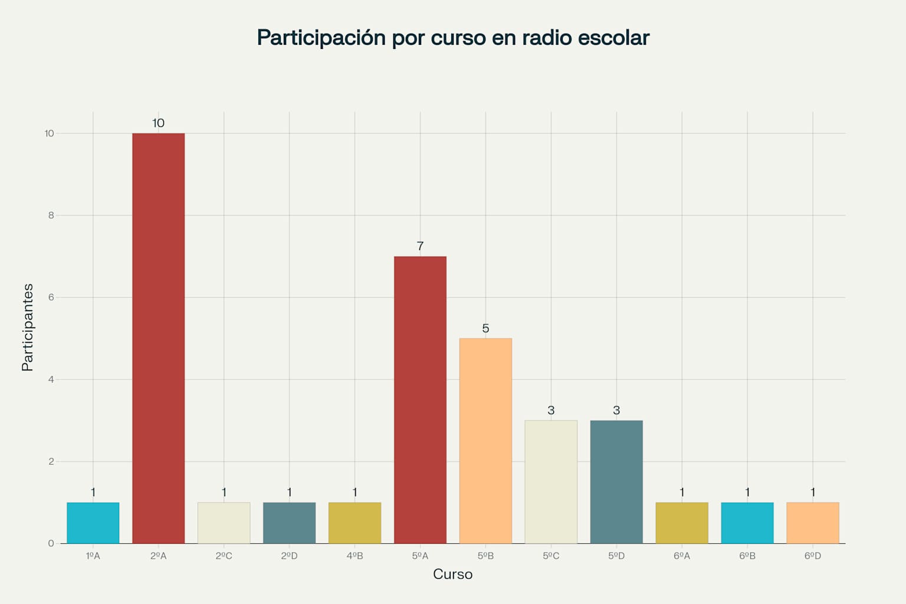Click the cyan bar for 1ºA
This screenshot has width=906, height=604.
click(x=93, y=523)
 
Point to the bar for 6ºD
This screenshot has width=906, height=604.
click(x=813, y=523)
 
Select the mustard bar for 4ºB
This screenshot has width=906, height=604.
click(x=354, y=523)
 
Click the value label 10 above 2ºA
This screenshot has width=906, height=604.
click(x=158, y=123)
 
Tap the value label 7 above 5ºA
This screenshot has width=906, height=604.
click(x=420, y=247)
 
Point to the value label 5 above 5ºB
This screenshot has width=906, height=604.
click(x=485, y=329)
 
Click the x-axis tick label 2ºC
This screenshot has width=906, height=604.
click(x=224, y=556)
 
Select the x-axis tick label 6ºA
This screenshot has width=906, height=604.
click(x=682, y=556)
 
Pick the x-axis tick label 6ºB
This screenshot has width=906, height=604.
click(x=747, y=556)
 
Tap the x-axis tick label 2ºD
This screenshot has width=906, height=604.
click(x=289, y=556)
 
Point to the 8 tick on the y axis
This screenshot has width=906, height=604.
click(x=51, y=215)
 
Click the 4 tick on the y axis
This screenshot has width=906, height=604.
click(x=51, y=379)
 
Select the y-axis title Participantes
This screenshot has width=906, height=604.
click(x=28, y=327)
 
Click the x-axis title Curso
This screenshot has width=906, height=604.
click(x=452, y=575)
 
